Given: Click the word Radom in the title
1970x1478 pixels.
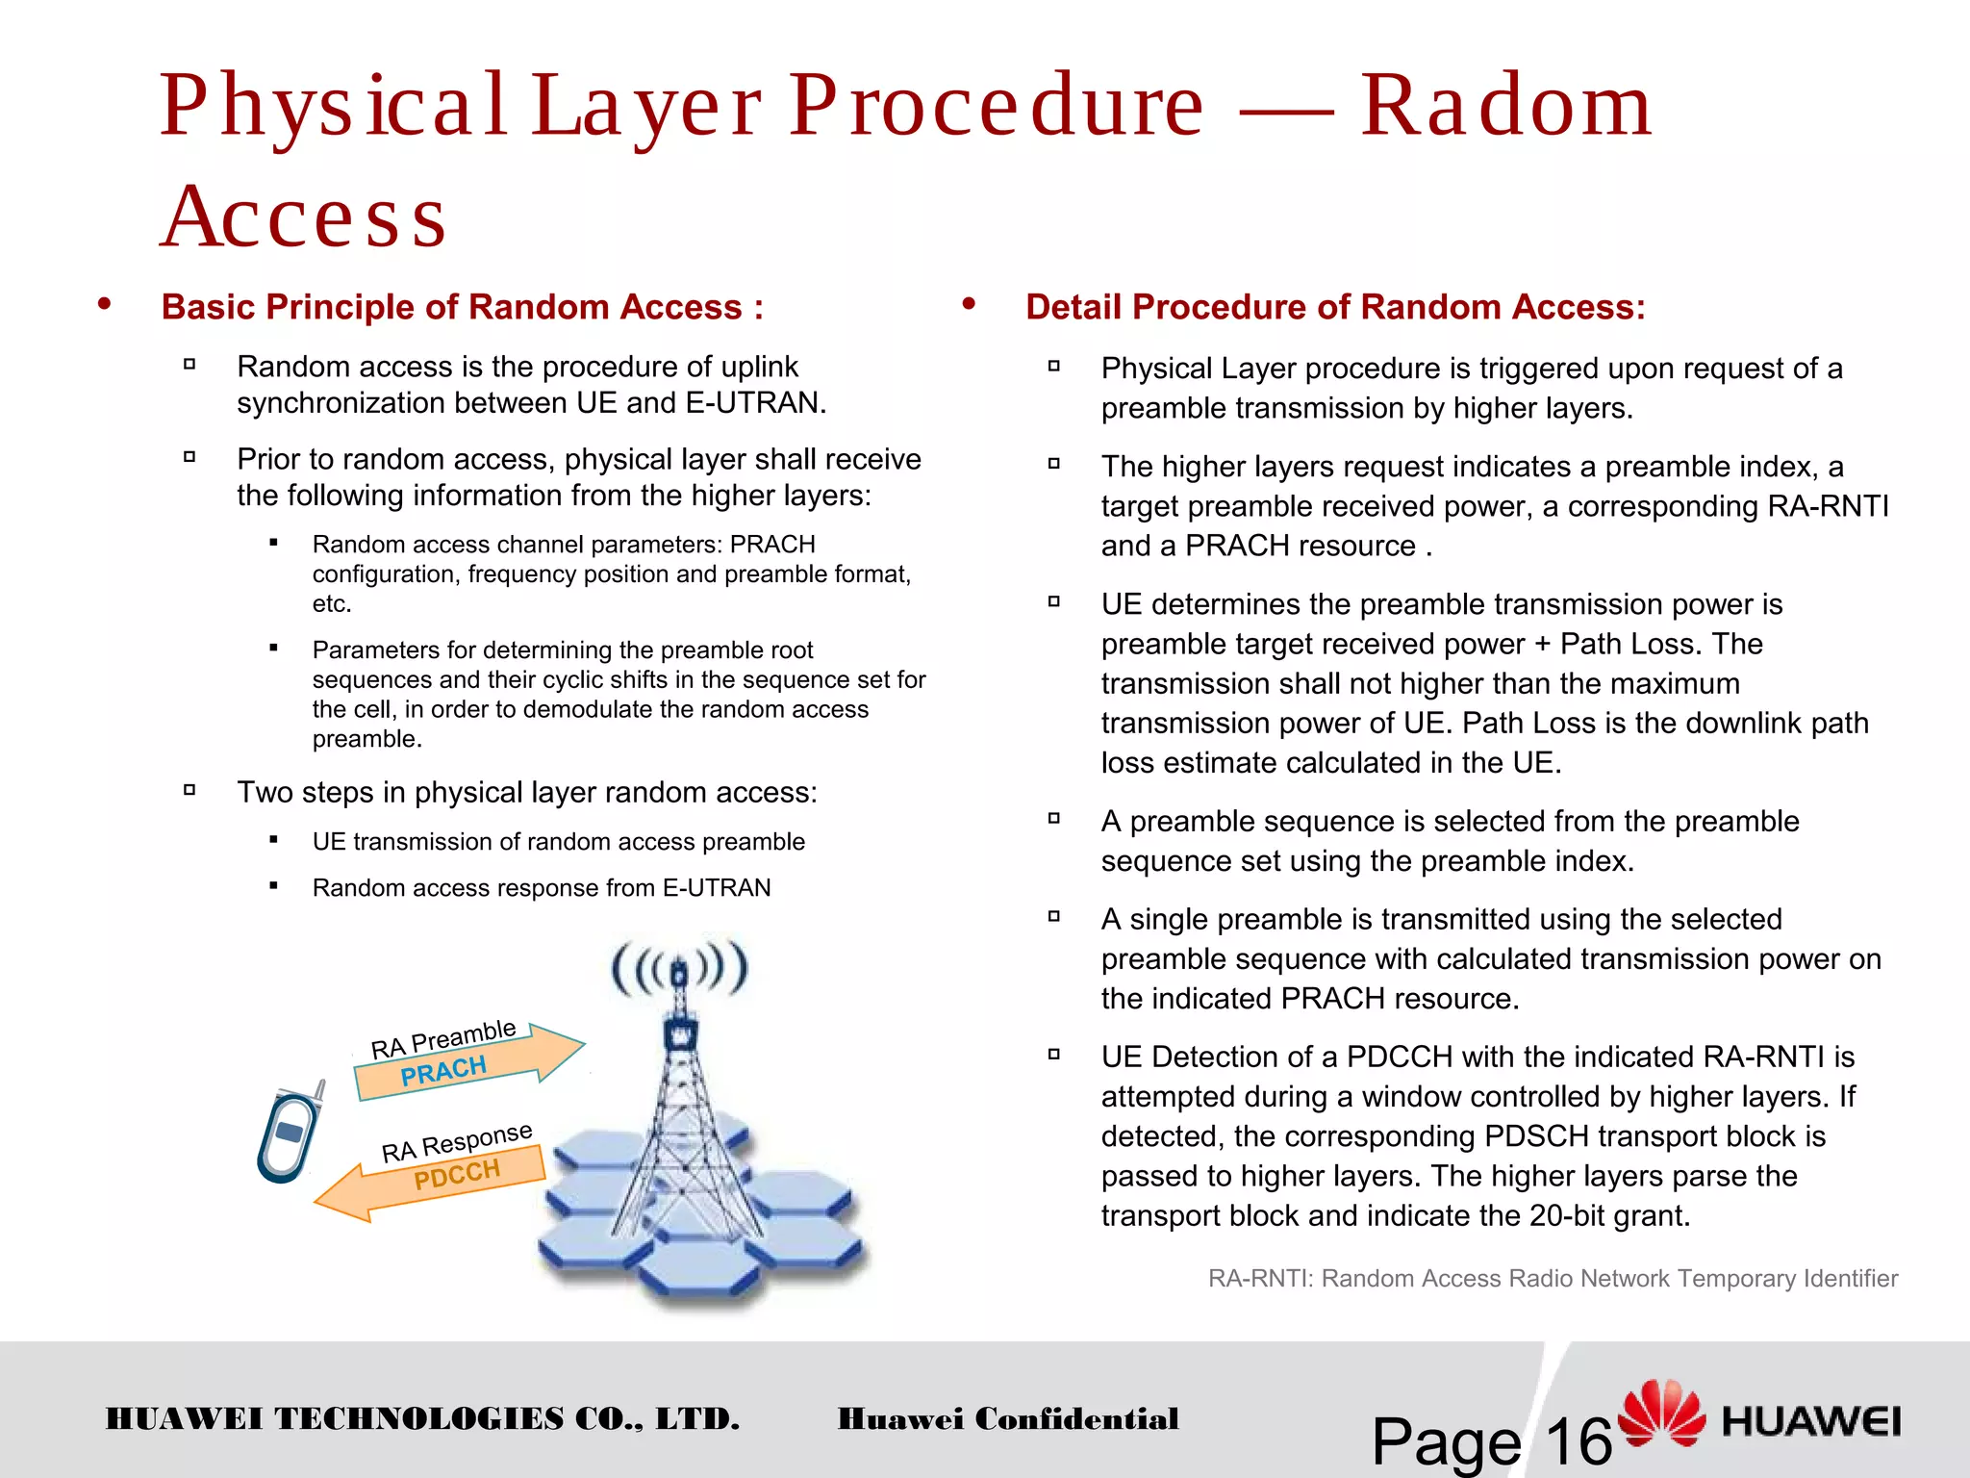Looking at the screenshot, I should point(1505,106).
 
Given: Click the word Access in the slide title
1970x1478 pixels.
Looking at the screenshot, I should point(304,217).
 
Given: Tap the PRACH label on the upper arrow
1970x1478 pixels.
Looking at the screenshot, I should point(443,1071).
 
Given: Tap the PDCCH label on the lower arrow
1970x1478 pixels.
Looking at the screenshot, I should point(457,1175).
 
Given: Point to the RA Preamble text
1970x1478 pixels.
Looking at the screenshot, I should point(443,1039).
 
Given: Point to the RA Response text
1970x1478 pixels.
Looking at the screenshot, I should point(457,1142).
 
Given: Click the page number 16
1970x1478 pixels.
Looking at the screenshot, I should point(1578,1440).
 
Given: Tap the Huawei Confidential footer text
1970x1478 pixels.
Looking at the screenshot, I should point(1008,1419).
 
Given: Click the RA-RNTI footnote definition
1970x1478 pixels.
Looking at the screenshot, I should point(1553,1279).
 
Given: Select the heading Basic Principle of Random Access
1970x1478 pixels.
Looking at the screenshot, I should point(462,307).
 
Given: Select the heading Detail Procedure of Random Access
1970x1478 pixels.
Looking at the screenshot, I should point(1335,307).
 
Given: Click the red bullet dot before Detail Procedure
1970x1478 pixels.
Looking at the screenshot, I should point(969,305).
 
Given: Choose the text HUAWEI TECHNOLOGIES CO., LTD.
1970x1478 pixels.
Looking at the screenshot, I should point(422,1419).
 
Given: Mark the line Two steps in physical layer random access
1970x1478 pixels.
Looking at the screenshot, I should point(527,793).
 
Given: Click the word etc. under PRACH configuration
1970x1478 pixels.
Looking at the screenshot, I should point(332,604).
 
